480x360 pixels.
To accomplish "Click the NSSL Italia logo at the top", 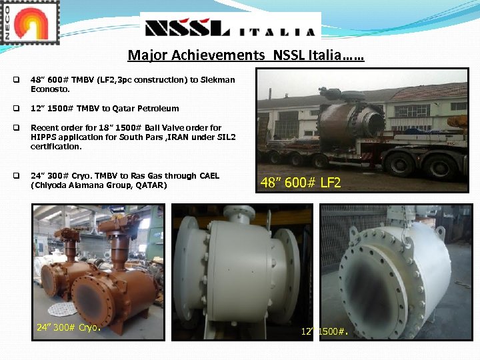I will tap(231, 27).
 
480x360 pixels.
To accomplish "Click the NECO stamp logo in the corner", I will tap(30, 22).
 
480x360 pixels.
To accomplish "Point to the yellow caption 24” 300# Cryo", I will tap(68, 327).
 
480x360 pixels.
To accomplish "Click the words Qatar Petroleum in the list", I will tap(153, 108).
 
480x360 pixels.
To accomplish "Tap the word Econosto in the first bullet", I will tap(50, 89).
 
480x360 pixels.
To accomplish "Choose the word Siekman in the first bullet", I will tap(215, 79).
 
